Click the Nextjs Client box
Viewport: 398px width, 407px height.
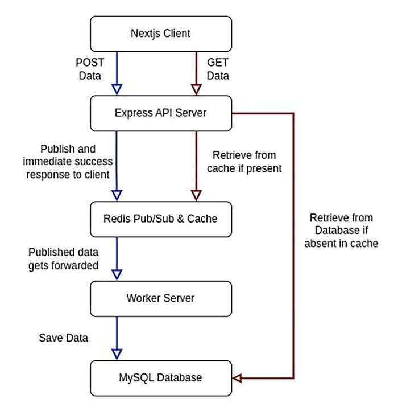pos(161,33)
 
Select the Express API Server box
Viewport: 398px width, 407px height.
pos(161,113)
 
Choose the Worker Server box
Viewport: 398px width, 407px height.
pos(161,298)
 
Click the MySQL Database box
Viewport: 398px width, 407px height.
pos(161,377)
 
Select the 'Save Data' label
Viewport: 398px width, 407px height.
pos(64,338)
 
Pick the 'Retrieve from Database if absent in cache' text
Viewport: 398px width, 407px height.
pos(344,231)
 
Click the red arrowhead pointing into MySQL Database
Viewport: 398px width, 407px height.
pos(238,377)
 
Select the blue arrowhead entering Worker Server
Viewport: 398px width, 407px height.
pos(117,274)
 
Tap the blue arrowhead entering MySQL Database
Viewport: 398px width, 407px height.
pos(117,353)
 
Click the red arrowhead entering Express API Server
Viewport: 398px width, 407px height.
pos(196,89)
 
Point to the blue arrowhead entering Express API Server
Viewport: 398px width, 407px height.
pos(117,89)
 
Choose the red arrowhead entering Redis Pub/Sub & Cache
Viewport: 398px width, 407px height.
pos(196,195)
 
